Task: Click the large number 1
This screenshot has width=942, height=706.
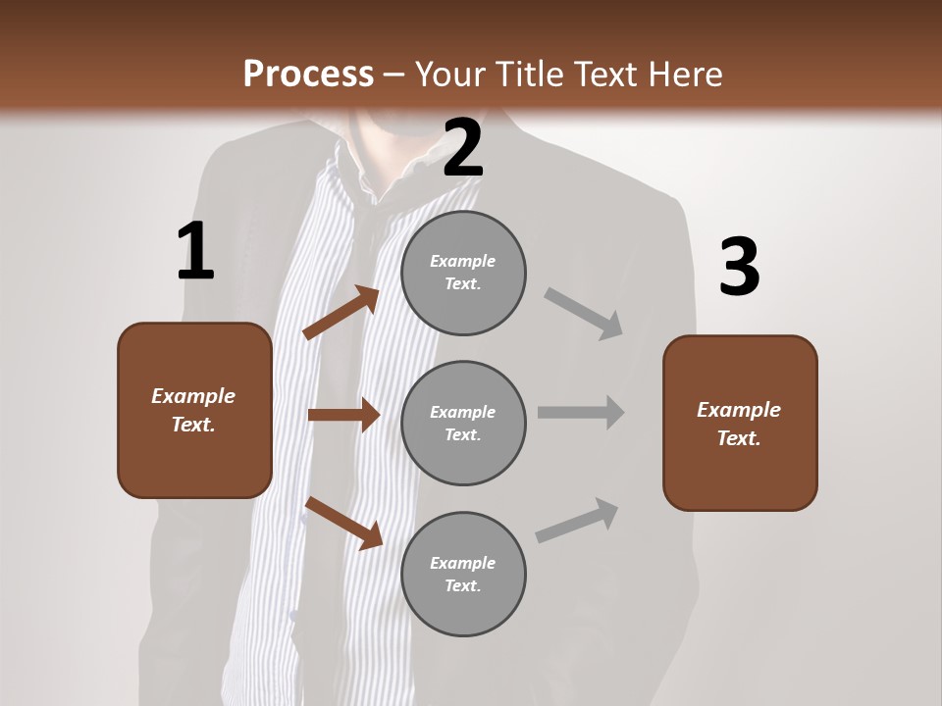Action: (x=195, y=252)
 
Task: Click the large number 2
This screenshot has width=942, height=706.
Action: (x=463, y=148)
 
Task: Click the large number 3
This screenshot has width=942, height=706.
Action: (x=739, y=268)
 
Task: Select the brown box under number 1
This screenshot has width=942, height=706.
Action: (x=194, y=410)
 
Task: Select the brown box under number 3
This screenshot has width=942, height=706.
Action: (x=740, y=423)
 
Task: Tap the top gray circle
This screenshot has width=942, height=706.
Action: (x=463, y=273)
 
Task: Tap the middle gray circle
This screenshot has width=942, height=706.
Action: (x=463, y=423)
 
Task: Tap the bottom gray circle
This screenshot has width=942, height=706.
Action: (x=463, y=574)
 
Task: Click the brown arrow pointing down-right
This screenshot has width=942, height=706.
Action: (x=343, y=522)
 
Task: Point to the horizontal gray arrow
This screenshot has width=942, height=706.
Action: (x=580, y=412)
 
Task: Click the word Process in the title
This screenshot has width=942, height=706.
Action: (x=308, y=74)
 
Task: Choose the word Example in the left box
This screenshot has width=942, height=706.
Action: (x=193, y=396)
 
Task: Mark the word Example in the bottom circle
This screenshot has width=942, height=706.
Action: (x=462, y=563)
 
